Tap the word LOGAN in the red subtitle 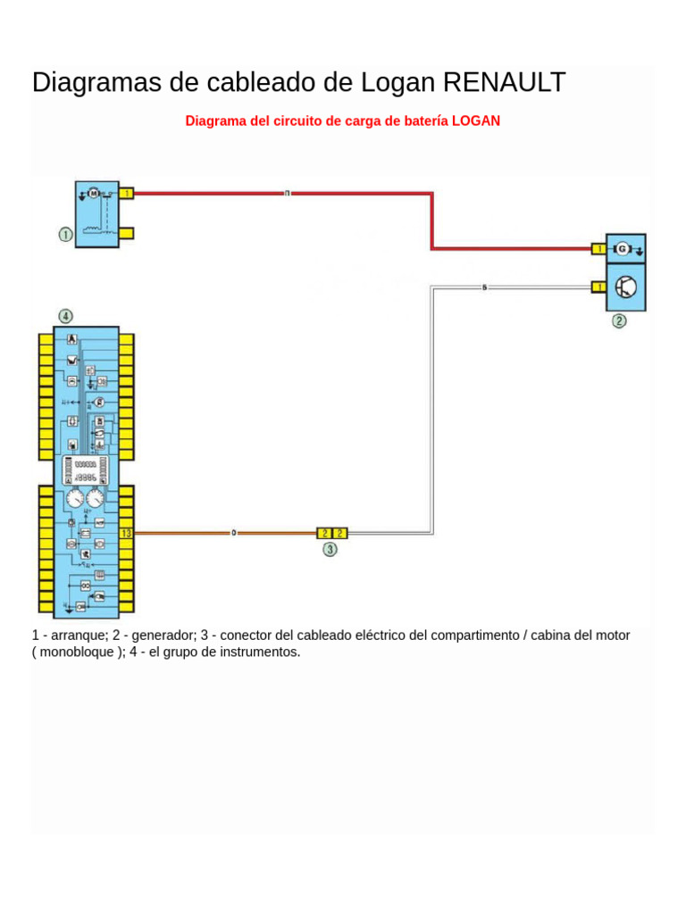point(476,120)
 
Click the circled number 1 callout point(65,235)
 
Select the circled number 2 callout point(619,321)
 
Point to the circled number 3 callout point(330,550)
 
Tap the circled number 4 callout point(65,316)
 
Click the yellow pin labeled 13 point(126,533)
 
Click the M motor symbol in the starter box point(93,192)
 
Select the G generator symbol point(623,248)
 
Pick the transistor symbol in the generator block point(627,287)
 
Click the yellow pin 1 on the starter point(127,193)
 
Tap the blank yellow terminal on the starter point(127,234)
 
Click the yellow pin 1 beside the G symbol point(598,248)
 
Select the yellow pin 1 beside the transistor point(598,287)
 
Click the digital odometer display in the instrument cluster point(86,471)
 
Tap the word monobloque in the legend point(78,652)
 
